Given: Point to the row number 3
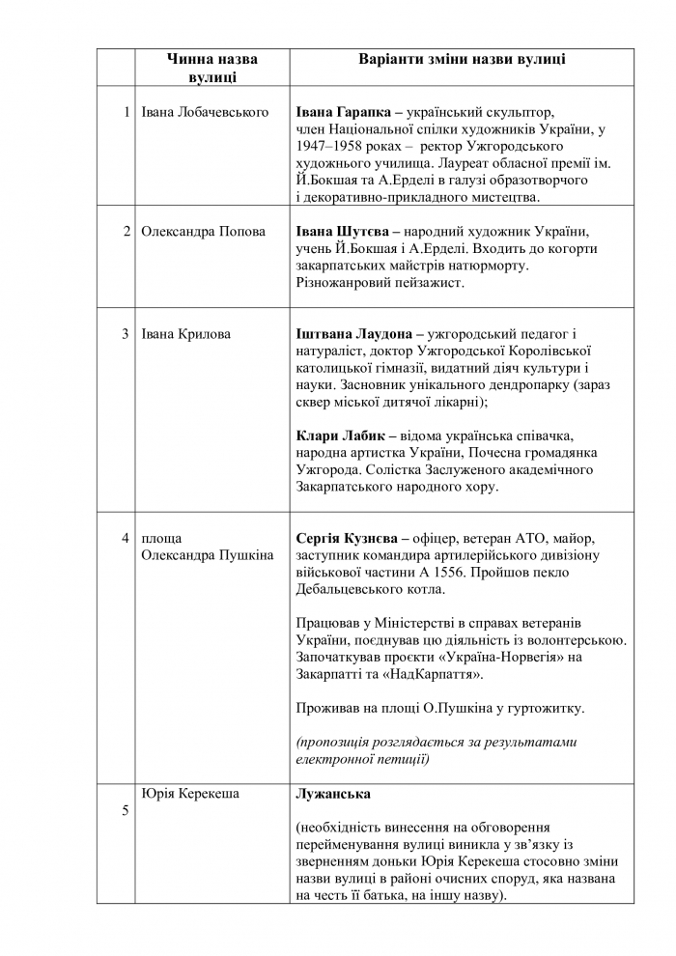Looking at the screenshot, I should click(126, 334).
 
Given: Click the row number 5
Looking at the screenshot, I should click(125, 810).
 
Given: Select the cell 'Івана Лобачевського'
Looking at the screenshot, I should click(205, 113).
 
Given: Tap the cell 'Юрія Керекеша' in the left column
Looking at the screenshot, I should click(190, 794).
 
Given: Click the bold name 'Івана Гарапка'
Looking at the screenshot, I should click(345, 113).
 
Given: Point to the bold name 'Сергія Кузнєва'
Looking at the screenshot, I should click(348, 537).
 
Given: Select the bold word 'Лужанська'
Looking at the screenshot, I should click(333, 794).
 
